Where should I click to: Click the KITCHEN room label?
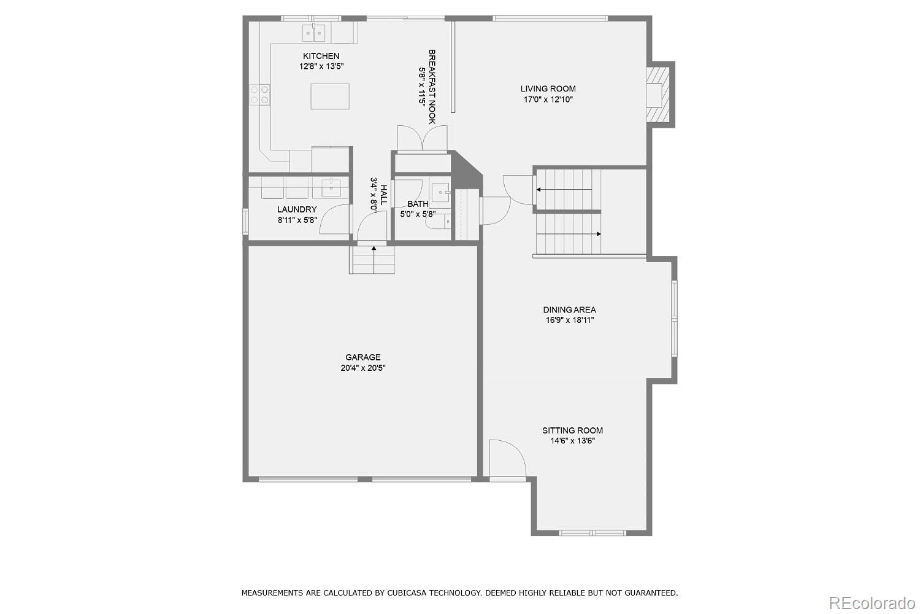[321, 56]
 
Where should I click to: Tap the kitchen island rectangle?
[330, 96]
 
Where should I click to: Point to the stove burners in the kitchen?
[259, 94]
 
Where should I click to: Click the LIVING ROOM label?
[548, 88]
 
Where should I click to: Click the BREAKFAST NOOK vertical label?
[432, 87]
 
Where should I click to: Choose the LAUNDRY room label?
[297, 209]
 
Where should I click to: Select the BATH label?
[418, 204]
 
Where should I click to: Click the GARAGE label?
[362, 357]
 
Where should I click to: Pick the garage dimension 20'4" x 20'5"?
[362, 368]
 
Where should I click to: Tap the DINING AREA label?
[569, 309]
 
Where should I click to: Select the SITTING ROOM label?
[572, 430]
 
